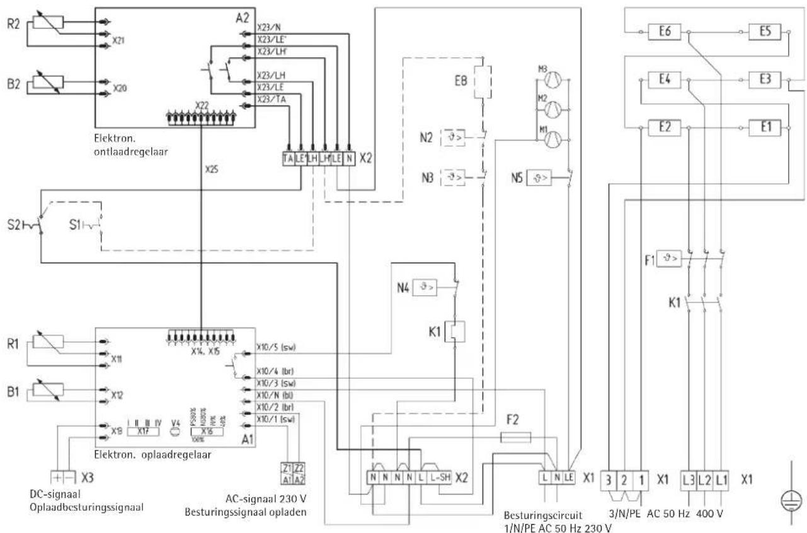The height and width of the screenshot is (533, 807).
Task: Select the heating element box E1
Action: (x=765, y=127)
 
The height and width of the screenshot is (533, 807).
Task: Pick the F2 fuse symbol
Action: (x=515, y=437)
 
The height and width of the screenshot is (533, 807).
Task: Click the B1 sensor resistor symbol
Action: (x=46, y=393)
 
